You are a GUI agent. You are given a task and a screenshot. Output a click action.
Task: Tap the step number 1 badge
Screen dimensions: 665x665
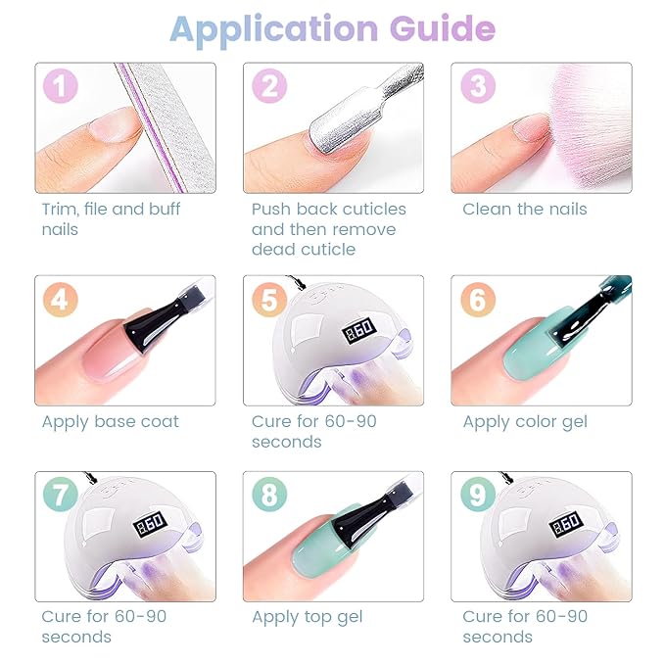60,86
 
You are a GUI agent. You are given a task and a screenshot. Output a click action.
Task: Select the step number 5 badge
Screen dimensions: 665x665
269,300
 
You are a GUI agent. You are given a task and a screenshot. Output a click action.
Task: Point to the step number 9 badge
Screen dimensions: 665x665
478,495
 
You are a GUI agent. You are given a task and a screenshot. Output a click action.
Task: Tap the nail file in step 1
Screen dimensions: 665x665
166,127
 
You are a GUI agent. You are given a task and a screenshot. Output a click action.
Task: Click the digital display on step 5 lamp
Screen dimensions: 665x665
358,330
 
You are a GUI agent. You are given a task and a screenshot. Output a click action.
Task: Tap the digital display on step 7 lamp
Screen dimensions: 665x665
149,524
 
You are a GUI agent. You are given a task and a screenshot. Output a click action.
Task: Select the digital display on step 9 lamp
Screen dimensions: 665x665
566,524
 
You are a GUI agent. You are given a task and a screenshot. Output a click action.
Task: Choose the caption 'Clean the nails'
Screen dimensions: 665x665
525,209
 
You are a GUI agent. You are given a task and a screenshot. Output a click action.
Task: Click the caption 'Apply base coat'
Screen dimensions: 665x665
111,422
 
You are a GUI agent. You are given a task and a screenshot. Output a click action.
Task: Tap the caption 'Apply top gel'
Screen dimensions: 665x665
308,617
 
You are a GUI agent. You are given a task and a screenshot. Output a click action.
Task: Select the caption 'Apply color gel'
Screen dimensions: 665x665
525,422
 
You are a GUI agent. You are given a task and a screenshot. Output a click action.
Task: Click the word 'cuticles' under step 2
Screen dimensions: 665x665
374,209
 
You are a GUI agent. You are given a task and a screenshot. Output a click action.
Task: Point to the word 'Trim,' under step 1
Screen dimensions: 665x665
60,210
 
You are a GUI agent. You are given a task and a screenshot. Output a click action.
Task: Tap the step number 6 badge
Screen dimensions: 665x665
478,300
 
